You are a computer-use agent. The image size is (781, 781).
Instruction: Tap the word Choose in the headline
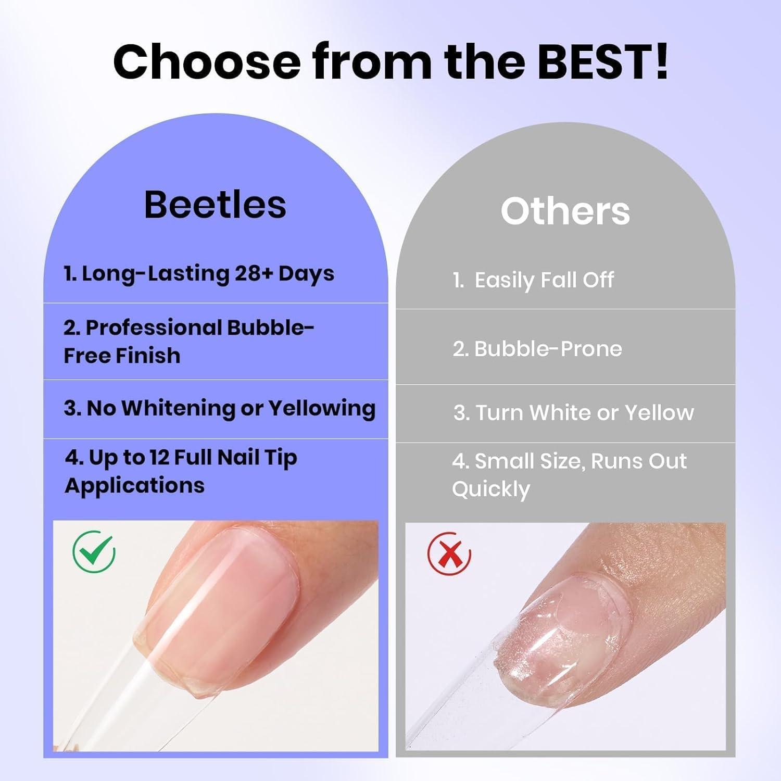pyautogui.click(x=207, y=61)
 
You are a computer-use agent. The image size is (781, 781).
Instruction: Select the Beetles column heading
pyautogui.click(x=215, y=204)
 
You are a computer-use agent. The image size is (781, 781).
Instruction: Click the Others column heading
pyautogui.click(x=565, y=211)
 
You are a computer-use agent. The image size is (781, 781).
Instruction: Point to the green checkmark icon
pyautogui.click(x=94, y=552)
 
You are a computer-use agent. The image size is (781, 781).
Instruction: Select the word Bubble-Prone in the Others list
pyautogui.click(x=548, y=348)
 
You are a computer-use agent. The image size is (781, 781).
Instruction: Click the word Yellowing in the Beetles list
pyautogui.click(x=322, y=409)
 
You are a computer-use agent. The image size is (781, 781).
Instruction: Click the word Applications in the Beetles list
pyautogui.click(x=135, y=486)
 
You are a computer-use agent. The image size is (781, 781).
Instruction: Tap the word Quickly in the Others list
pyautogui.click(x=491, y=489)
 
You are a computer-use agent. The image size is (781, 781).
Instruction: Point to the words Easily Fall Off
pyautogui.click(x=544, y=280)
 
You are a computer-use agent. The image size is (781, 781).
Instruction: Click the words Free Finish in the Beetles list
pyautogui.click(x=122, y=356)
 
